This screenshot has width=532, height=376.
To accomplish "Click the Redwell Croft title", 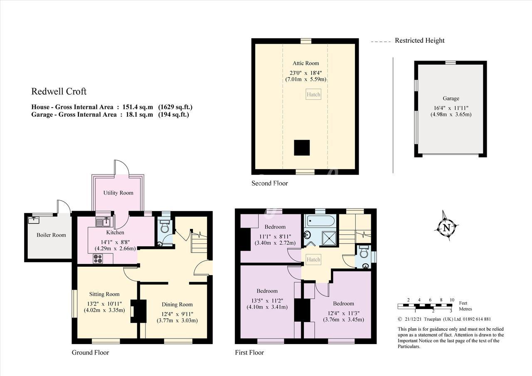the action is (x=59, y=91).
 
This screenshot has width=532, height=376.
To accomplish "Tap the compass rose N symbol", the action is (x=446, y=228).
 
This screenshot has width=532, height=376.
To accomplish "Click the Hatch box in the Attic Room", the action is (x=313, y=94).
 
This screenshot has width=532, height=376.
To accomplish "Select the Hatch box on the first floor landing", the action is (x=313, y=259).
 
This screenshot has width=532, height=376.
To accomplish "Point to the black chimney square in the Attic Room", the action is (x=302, y=147).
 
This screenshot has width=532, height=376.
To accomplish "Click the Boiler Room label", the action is (x=51, y=235).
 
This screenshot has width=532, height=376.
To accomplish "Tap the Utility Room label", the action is (x=118, y=193).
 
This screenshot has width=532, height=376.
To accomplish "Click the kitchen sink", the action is (x=103, y=222).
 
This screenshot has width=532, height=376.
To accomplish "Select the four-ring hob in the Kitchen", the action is (x=98, y=258).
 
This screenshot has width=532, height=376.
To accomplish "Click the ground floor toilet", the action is (x=164, y=227).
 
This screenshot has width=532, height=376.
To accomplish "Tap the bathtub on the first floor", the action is (x=321, y=220).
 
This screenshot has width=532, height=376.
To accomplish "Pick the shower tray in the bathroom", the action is (x=329, y=238).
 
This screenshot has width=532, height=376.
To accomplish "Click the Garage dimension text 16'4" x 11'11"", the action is (x=451, y=108).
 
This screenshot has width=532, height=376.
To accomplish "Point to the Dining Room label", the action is (x=177, y=305).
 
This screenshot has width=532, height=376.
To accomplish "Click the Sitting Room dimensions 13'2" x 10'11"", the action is (x=104, y=304).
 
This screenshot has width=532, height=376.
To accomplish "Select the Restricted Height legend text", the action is (x=419, y=41).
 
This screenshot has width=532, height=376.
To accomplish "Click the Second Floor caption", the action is (x=270, y=183).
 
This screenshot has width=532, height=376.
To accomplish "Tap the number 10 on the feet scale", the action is (x=452, y=300).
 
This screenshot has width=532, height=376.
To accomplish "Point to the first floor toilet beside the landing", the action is (x=364, y=252).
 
